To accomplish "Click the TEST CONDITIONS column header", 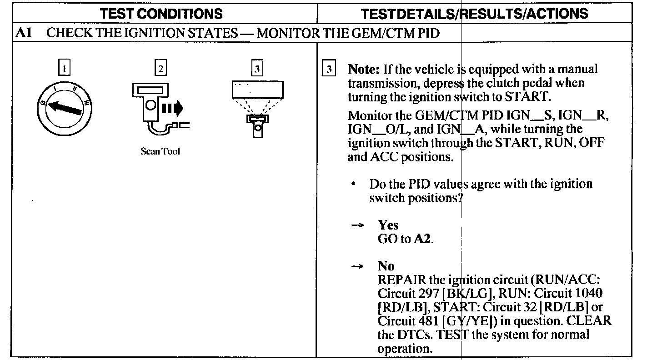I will [161, 13].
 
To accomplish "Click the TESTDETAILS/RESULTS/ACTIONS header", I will [474, 13].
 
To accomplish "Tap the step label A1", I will [23, 33].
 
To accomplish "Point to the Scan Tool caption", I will [160, 152].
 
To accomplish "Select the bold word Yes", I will [388, 225].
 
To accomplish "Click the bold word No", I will [386, 266].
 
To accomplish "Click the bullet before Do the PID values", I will [353, 185].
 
